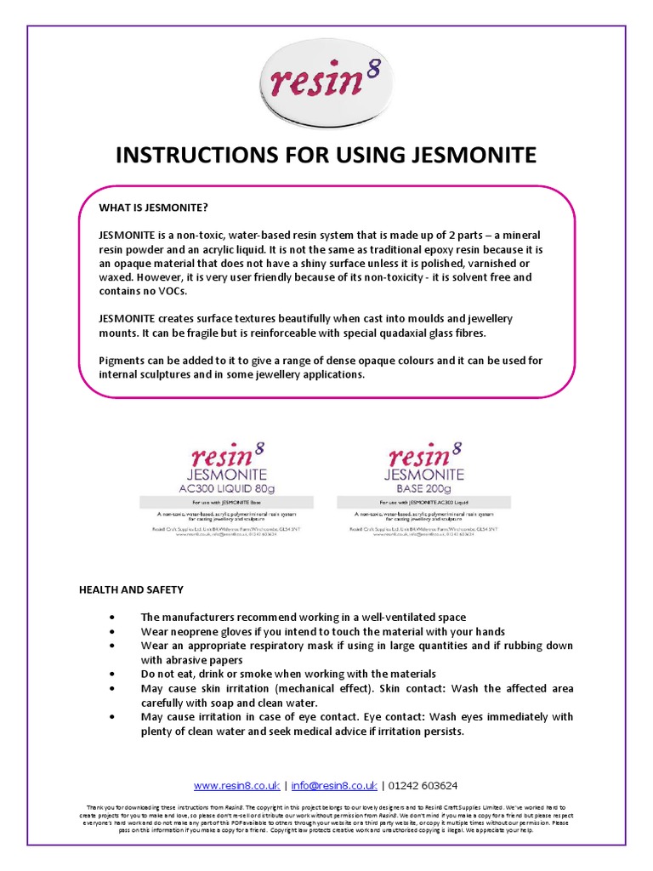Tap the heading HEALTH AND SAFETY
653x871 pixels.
131,589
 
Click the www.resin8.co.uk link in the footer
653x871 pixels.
236,785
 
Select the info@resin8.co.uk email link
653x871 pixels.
333,785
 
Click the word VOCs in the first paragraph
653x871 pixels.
168,290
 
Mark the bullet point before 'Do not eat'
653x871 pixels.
113,674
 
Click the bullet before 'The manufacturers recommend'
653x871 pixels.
113,617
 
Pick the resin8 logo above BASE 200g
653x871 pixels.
423,453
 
